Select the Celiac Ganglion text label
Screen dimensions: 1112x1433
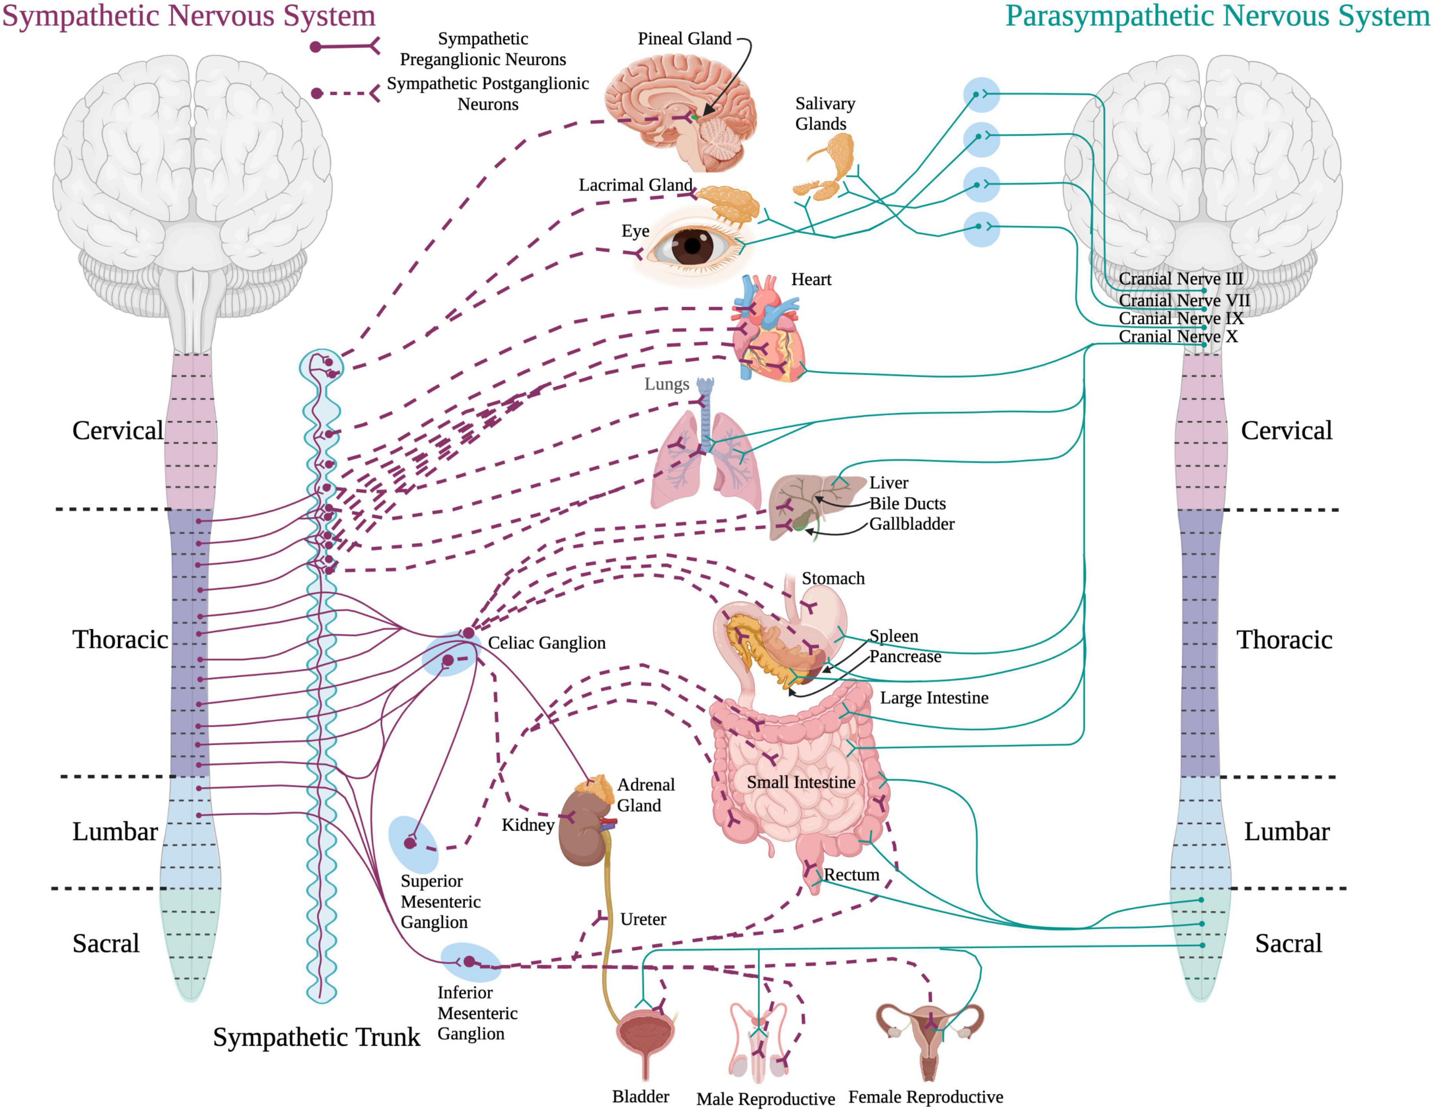(547, 643)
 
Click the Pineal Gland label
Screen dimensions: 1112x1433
(684, 39)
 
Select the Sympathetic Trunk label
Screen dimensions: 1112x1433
(316, 1037)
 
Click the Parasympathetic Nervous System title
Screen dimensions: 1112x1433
(1217, 16)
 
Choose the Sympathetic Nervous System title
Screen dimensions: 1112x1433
(189, 16)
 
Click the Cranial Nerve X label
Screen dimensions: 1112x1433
(1178, 336)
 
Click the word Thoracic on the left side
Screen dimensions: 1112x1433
(120, 640)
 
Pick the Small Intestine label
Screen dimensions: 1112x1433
(801, 782)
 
